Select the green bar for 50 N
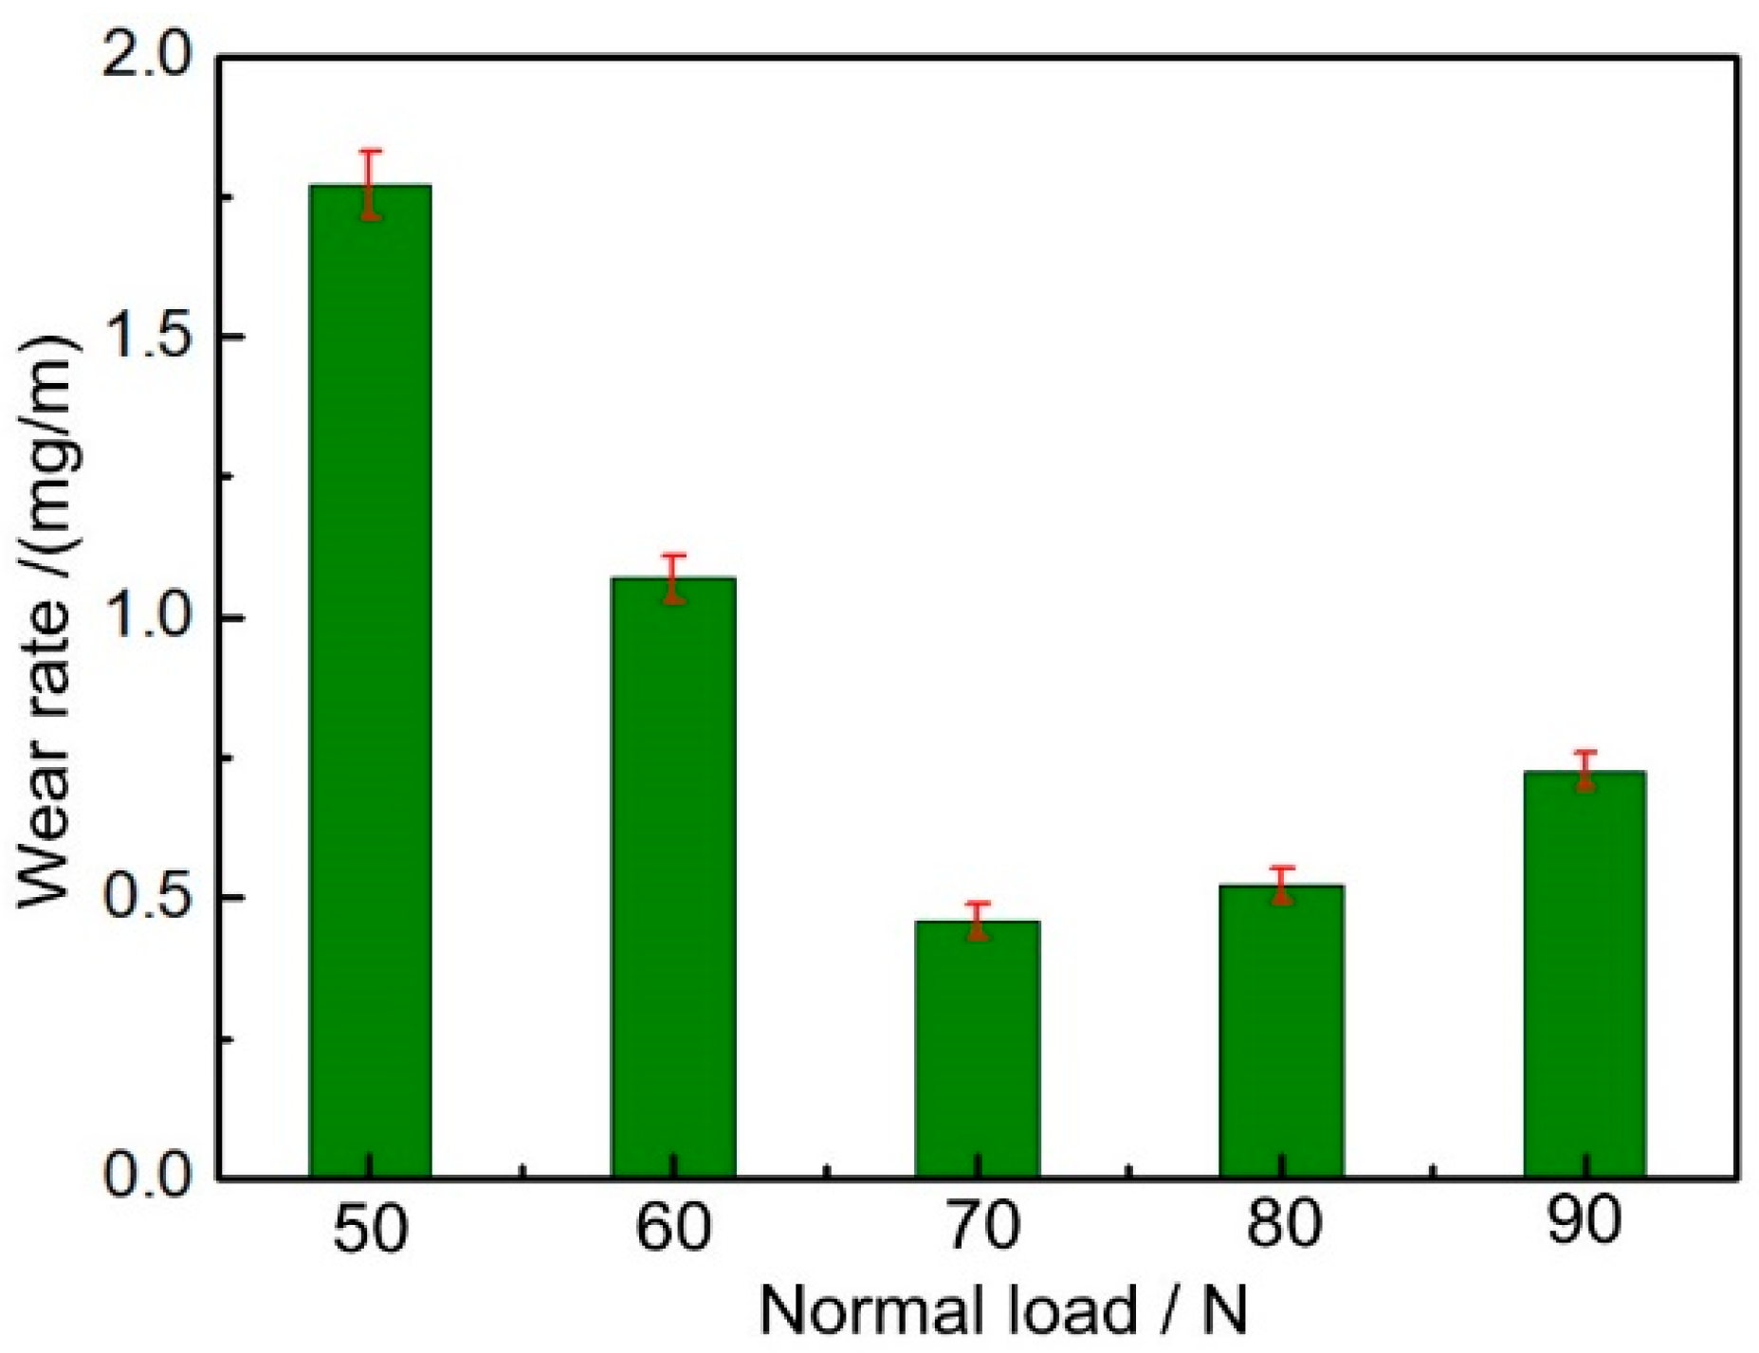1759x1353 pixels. tap(371, 683)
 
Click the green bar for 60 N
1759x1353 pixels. tap(673, 877)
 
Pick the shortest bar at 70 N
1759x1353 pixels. tap(978, 1048)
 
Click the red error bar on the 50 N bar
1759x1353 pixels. tap(371, 184)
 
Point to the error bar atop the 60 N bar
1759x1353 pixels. tap(673, 577)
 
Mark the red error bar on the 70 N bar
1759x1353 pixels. tap(978, 920)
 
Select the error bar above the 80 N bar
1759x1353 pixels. tap(1281, 885)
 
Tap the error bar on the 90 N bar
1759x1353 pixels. tap(1585, 769)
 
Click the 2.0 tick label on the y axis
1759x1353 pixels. tap(147, 59)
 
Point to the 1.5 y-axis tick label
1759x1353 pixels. tap(147, 339)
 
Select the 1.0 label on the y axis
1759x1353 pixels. tap(147, 619)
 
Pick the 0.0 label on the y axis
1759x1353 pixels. tap(147, 1177)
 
